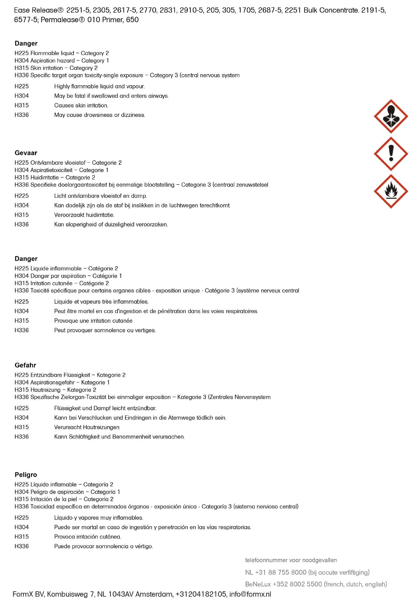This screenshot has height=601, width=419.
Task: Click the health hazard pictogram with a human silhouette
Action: [391, 116]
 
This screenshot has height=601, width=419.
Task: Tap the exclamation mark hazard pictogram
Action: [391, 154]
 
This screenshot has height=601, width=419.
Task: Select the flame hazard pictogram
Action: [391, 191]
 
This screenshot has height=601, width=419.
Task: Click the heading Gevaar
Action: [26, 153]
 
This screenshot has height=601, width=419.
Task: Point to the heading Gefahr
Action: [25, 365]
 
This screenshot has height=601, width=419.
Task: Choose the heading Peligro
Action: [26, 475]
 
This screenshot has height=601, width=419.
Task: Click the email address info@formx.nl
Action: [250, 594]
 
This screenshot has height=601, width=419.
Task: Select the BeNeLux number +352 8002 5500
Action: [297, 584]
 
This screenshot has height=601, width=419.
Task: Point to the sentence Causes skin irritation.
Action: [81, 105]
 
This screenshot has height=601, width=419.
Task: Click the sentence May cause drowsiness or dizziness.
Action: [99, 115]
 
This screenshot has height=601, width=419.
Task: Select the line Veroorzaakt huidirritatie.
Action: [84, 215]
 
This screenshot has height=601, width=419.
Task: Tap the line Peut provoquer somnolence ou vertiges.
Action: [105, 330]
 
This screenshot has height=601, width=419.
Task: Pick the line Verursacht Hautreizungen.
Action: [87, 427]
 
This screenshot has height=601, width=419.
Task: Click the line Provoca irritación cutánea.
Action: [88, 537]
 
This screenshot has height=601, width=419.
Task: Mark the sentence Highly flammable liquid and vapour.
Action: [99, 86]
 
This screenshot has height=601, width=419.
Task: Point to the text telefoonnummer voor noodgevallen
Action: [291, 560]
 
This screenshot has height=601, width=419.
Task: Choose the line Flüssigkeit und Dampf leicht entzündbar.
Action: [105, 408]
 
